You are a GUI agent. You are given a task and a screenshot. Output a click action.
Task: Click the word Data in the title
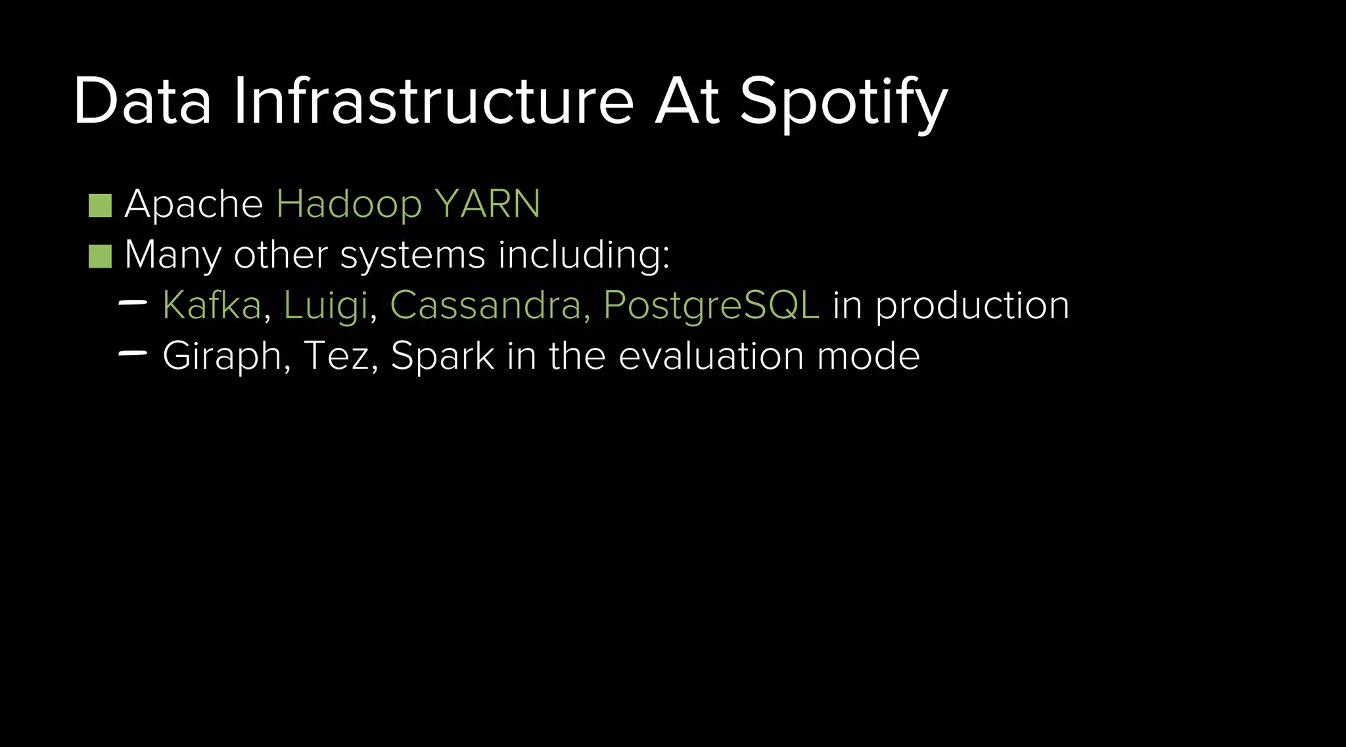point(142,101)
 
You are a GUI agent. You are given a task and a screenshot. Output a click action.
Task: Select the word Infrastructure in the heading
point(433,101)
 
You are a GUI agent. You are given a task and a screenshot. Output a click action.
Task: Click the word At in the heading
point(687,101)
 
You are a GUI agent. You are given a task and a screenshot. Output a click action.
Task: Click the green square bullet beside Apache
point(100,205)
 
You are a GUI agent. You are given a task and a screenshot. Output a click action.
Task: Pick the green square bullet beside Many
point(100,256)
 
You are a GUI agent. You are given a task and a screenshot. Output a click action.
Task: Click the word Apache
point(194,204)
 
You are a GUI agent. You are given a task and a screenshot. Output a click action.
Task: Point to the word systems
point(413,256)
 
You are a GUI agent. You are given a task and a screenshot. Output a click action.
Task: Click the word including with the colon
point(584,256)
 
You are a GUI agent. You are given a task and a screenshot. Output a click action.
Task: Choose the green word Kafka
point(212,305)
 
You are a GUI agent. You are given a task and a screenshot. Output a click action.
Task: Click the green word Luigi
point(325,306)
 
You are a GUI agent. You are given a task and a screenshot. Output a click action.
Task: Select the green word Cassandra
point(485,305)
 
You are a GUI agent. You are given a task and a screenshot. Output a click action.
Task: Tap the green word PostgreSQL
point(711,306)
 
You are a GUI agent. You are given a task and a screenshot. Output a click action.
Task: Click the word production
point(972,306)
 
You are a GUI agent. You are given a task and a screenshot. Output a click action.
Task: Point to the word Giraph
point(221,357)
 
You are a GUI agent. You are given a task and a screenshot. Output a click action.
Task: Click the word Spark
point(442,357)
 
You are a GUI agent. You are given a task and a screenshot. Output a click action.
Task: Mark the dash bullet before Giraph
point(133,354)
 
